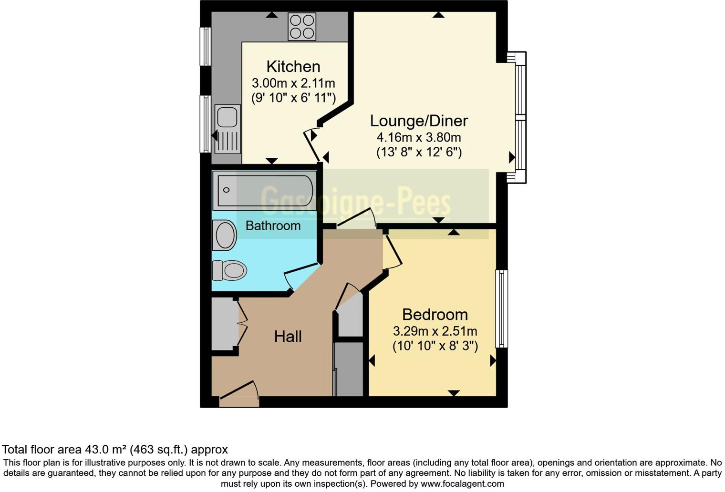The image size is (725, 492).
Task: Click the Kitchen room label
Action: click(293, 66)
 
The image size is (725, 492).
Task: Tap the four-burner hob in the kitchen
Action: click(302, 27)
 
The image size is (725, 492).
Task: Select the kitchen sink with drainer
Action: click(228, 129)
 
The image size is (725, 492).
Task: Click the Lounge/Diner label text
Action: click(419, 121)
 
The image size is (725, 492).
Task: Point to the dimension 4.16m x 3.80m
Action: click(419, 138)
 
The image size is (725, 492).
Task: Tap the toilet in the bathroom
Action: click(229, 270)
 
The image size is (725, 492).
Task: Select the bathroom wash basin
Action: click(225, 235)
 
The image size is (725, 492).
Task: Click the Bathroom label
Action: click(273, 225)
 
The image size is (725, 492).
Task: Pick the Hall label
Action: click(288, 337)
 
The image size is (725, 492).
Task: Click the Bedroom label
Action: click(435, 315)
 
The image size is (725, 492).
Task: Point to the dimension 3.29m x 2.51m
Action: click(435, 331)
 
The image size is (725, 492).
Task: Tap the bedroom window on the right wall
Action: click(501, 308)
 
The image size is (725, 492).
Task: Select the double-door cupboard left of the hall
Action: click(224, 324)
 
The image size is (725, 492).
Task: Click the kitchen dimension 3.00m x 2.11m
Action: click(293, 83)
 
